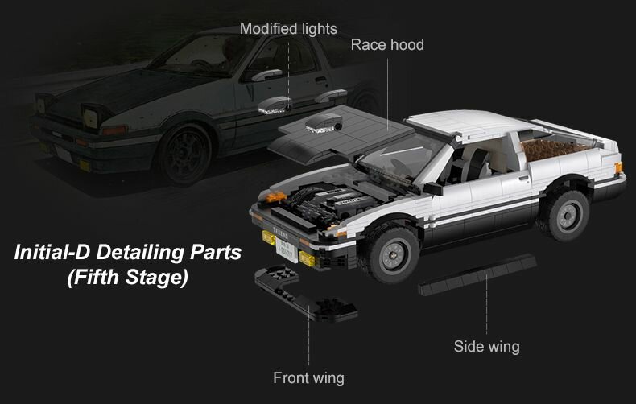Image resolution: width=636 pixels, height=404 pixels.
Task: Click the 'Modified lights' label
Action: pos(288,29)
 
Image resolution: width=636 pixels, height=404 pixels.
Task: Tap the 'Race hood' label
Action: pos(386,44)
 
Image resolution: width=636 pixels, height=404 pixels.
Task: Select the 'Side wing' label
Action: pos(486,347)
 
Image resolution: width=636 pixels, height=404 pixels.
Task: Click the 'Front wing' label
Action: pos(308,377)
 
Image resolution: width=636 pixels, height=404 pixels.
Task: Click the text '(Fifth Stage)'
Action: pos(127,278)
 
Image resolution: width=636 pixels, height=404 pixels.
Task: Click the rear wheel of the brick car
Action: pos(563,215)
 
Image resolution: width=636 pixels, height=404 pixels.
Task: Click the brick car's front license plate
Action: pos(286,246)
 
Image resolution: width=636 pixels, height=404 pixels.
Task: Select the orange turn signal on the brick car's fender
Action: pos(276,196)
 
